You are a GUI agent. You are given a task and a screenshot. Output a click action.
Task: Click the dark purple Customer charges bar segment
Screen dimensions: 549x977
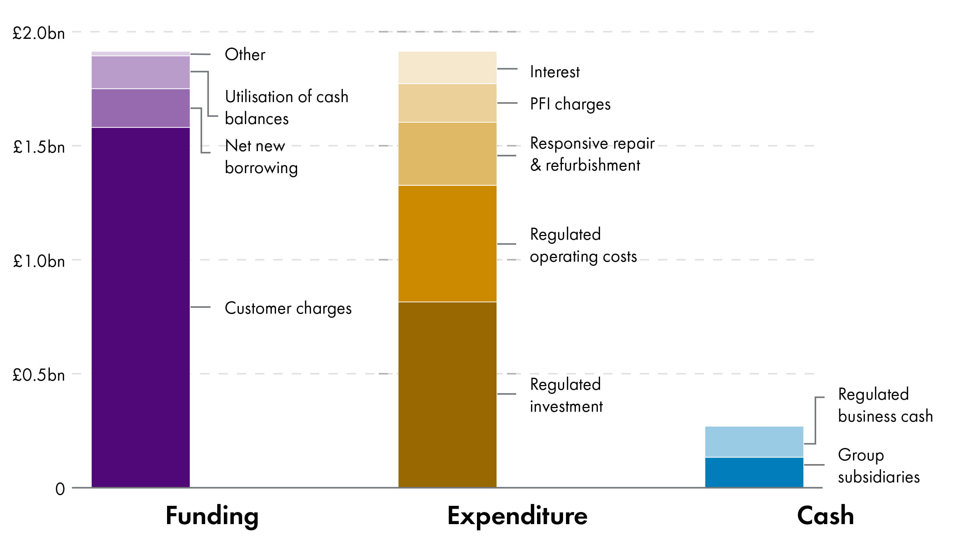(x=140, y=307)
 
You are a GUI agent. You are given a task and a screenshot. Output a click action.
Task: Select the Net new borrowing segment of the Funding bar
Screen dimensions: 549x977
(x=140, y=108)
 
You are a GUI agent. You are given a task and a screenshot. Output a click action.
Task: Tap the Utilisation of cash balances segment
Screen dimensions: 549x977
(x=140, y=72)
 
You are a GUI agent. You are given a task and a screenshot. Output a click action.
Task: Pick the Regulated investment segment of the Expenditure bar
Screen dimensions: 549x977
(x=447, y=394)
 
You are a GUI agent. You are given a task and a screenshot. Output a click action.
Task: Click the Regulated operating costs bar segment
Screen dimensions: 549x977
(x=447, y=244)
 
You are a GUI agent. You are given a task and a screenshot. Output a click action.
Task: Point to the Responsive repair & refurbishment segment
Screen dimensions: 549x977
(x=447, y=154)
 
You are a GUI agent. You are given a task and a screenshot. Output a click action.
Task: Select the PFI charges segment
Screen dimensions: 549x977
(x=447, y=103)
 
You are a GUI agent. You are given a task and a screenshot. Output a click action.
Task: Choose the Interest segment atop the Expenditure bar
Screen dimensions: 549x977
(x=447, y=67)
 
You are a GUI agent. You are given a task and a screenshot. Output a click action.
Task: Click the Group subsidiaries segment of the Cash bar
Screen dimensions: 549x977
(x=754, y=472)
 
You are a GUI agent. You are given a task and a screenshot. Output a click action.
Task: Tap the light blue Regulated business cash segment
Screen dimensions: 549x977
(x=754, y=442)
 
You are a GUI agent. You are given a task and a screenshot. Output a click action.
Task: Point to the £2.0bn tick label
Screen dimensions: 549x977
(x=39, y=33)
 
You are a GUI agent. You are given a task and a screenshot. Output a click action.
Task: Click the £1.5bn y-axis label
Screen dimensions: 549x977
(x=39, y=147)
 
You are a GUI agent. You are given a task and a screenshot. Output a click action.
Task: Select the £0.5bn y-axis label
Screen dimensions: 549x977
(x=39, y=375)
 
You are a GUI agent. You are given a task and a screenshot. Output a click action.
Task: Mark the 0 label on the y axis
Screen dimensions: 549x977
(x=60, y=489)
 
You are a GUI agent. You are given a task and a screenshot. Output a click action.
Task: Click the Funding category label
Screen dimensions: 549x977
(x=212, y=516)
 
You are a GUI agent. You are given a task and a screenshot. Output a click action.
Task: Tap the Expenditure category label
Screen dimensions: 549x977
(x=517, y=516)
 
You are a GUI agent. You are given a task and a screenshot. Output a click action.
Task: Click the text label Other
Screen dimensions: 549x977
(x=245, y=55)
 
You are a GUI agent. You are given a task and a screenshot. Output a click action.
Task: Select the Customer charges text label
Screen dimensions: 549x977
(x=288, y=309)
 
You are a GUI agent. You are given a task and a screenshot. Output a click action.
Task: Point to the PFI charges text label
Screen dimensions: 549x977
(x=570, y=104)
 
